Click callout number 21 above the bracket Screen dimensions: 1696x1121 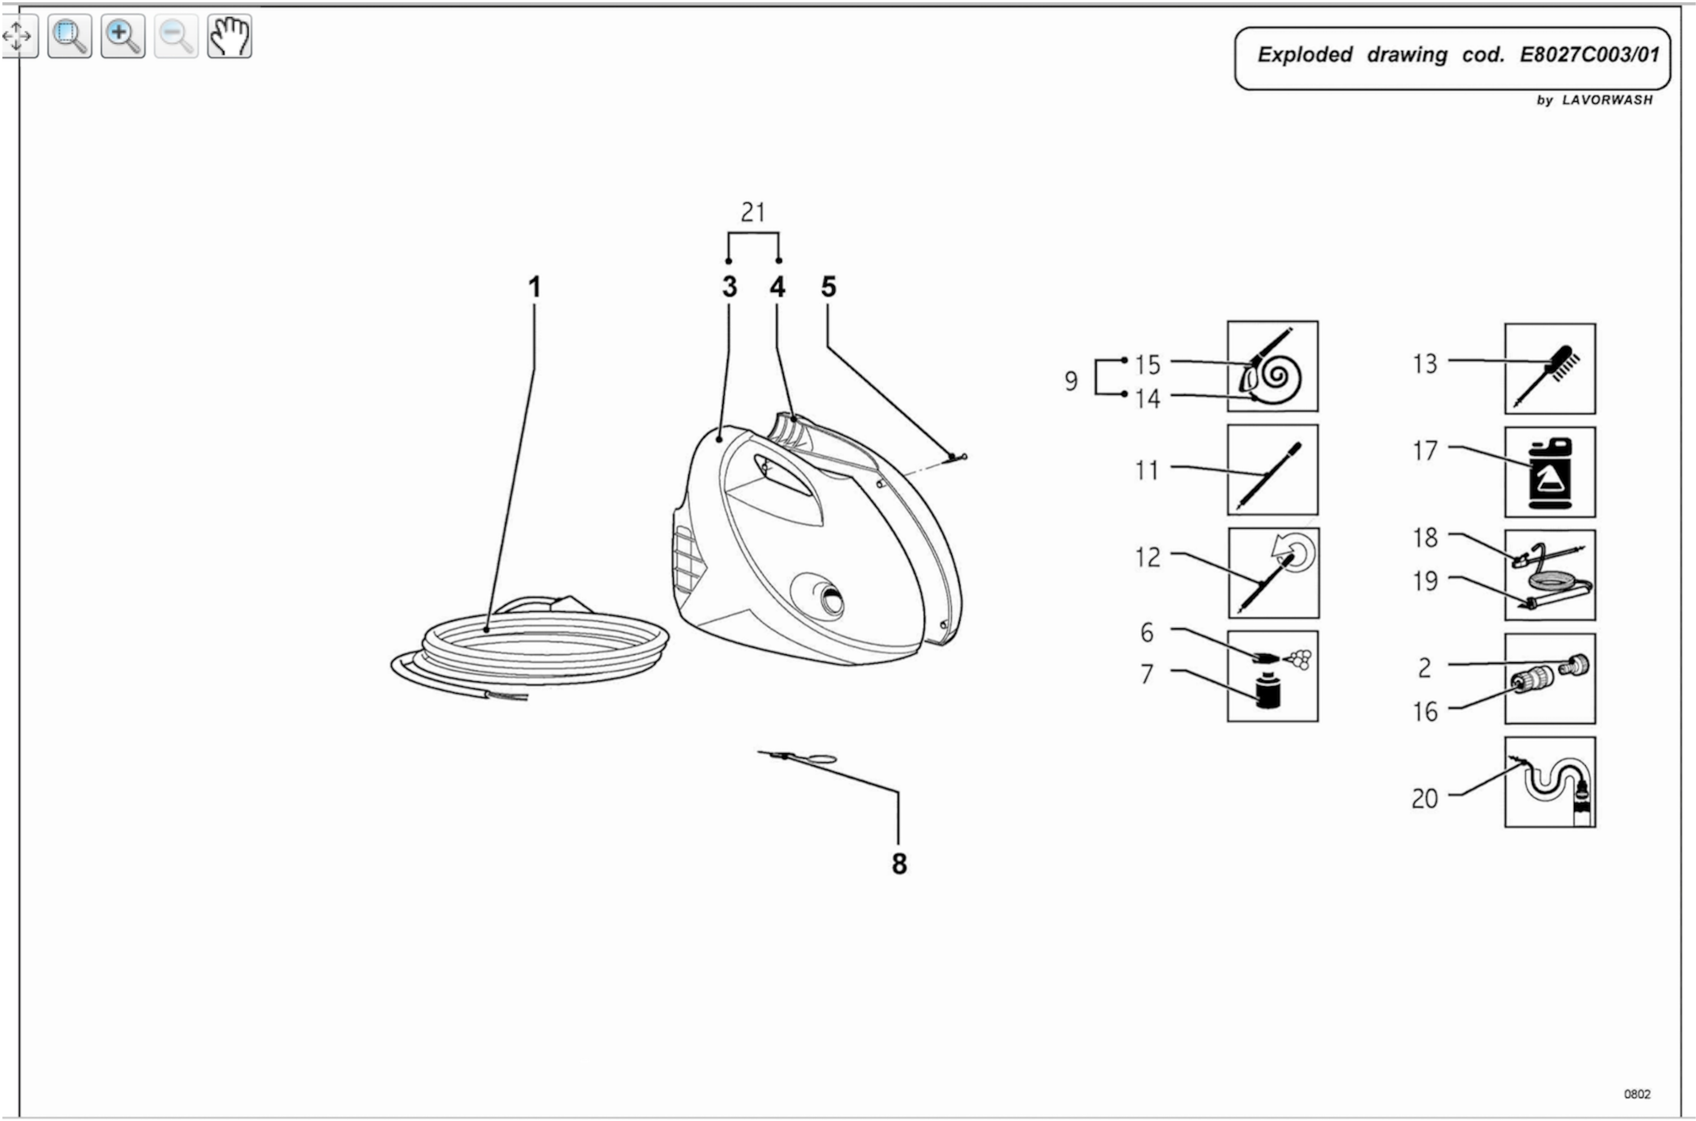pyautogui.click(x=753, y=212)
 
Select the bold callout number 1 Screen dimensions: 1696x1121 pyautogui.click(x=534, y=287)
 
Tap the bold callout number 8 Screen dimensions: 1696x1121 pyautogui.click(x=899, y=864)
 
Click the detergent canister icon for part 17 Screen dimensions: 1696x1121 pyautogui.click(x=1549, y=472)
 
